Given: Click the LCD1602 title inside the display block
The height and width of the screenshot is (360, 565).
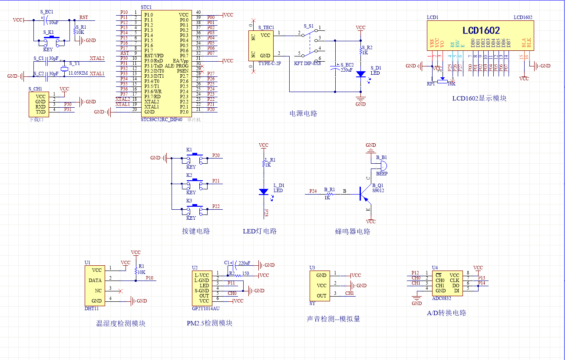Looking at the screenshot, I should pos(480,31).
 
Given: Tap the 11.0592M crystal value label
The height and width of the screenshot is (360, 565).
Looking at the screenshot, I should pos(78,73).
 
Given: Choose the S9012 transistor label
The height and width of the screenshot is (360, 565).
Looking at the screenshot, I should pos(378,191).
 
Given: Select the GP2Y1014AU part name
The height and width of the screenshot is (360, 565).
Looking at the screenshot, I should pos(205,308).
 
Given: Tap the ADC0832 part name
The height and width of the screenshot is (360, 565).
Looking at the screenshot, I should pos(441,298).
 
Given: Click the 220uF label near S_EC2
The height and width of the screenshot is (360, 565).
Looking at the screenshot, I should pos(347,69).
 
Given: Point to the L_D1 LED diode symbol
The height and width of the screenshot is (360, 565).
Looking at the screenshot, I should pos(263,191).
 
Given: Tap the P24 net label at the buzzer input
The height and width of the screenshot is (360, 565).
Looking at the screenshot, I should pos(313,191).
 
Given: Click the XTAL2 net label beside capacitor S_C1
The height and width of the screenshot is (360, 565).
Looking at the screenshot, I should pos(97,58).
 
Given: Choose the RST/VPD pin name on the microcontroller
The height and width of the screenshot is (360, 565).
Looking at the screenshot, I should pos(154,56).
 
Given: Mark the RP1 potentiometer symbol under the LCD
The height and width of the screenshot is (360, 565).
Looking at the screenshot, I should pos(442,81).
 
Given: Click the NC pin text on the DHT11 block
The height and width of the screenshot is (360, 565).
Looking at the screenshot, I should pos(98,291).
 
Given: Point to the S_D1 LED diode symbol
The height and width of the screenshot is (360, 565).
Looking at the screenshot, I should pos(360,74).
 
